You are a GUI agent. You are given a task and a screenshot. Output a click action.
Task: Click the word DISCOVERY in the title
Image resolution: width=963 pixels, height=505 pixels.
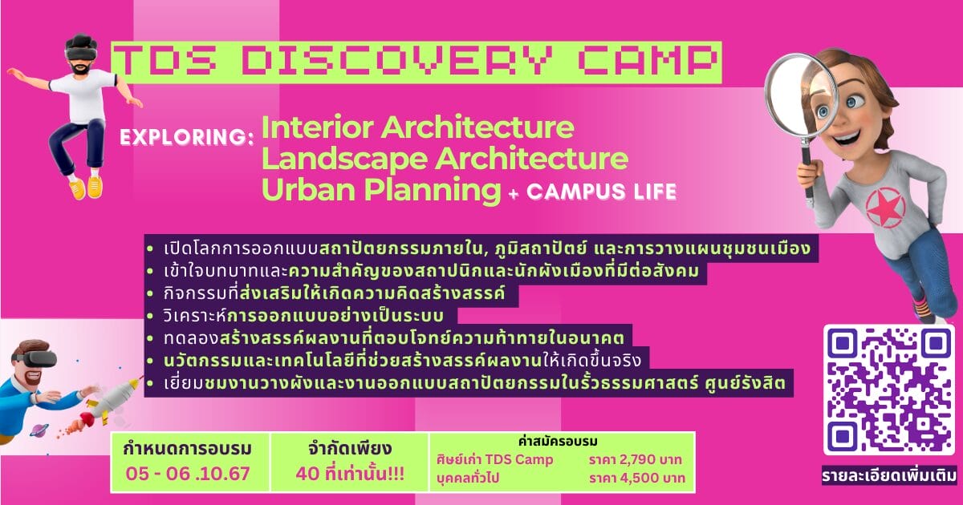[396, 62]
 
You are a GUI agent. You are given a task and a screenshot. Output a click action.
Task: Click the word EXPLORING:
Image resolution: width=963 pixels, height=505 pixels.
[186, 137]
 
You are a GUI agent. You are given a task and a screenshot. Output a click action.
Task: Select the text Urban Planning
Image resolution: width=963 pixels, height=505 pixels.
[381, 190]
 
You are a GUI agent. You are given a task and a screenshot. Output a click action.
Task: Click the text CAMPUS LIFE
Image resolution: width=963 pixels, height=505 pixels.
[602, 192]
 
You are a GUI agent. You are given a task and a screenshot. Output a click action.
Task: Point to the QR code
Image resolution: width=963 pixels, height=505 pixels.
[888, 390]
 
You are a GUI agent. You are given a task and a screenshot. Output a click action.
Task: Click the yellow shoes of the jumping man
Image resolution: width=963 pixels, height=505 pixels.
[87, 187]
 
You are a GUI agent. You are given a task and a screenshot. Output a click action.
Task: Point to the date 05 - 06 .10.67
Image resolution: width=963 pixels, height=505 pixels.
[188, 474]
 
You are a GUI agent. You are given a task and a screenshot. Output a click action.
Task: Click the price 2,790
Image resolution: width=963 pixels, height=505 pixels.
[636, 460]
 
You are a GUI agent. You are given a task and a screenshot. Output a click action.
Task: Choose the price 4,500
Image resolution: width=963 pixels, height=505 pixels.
[637, 478]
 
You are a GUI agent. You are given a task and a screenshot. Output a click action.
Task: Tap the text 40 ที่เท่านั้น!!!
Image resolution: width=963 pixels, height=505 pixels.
[350, 474]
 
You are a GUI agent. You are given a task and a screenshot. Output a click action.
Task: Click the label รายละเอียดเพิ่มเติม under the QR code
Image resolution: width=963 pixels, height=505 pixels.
[889, 476]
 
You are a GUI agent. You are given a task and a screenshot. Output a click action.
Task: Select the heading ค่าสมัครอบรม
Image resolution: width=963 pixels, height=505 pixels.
[558, 441]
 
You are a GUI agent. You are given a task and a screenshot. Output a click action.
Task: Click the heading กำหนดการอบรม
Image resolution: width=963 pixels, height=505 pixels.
[188, 449]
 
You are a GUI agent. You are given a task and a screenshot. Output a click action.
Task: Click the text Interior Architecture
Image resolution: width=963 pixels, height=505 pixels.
[417, 127]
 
